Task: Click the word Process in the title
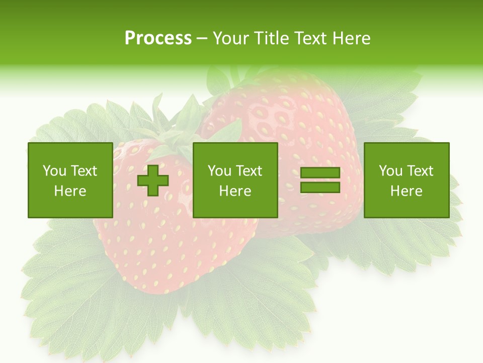coord(158,38)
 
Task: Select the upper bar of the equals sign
coord(320,173)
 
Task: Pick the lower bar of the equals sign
coord(320,188)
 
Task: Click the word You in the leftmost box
coord(54,171)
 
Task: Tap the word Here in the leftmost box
coord(70,191)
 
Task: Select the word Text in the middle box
coord(249,171)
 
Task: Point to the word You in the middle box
coord(219,171)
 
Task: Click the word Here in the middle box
coord(235,191)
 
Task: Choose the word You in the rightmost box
coord(390,171)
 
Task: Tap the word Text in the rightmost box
coord(420,171)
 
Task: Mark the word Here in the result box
coord(406,191)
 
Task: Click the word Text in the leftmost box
coord(84,171)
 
